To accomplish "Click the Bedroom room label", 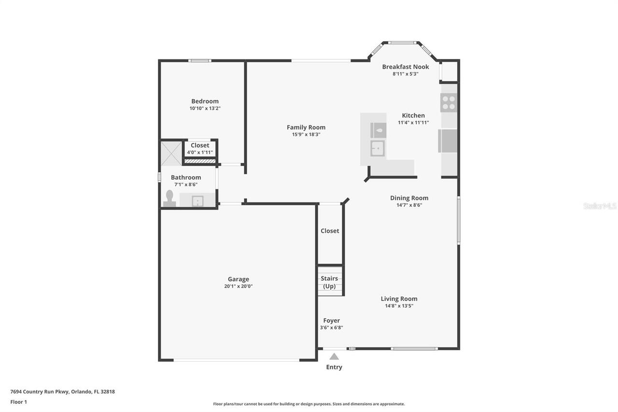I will click(x=205, y=101).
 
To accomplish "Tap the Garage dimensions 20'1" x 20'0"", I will click(x=239, y=286).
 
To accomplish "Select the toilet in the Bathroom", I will click(x=169, y=199).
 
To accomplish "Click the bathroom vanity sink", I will click(x=197, y=200).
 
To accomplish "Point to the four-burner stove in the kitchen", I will click(x=449, y=102).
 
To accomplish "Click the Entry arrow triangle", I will click(x=334, y=357).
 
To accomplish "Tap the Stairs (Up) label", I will click(x=329, y=282).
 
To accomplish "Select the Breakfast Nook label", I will click(x=406, y=67).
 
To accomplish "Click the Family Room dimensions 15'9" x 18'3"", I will click(x=306, y=134).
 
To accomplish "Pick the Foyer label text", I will click(x=331, y=320).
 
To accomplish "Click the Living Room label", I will click(x=399, y=298).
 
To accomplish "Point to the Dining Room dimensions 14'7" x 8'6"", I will click(x=409, y=205).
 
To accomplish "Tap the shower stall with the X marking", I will click(x=171, y=153).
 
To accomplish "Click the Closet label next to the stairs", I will click(x=330, y=231).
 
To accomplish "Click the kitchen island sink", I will click(x=378, y=148).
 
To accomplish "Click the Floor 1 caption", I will click(x=19, y=402).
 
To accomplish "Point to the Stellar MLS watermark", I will click(x=600, y=206).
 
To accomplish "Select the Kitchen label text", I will click(x=413, y=115).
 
